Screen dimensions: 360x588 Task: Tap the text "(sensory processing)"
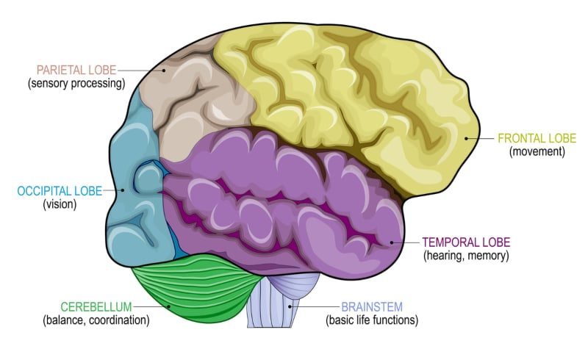tap(76, 84)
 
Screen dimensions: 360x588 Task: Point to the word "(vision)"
tap(60, 205)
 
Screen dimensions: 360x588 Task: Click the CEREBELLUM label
tap(96, 306)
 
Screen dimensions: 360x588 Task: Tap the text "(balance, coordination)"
tap(96, 320)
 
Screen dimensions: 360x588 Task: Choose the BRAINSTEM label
tap(372, 306)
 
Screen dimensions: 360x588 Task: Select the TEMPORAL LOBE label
tap(466, 242)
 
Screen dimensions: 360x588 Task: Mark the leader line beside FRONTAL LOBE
tap(481, 138)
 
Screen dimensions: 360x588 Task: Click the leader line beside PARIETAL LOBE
tap(140, 71)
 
